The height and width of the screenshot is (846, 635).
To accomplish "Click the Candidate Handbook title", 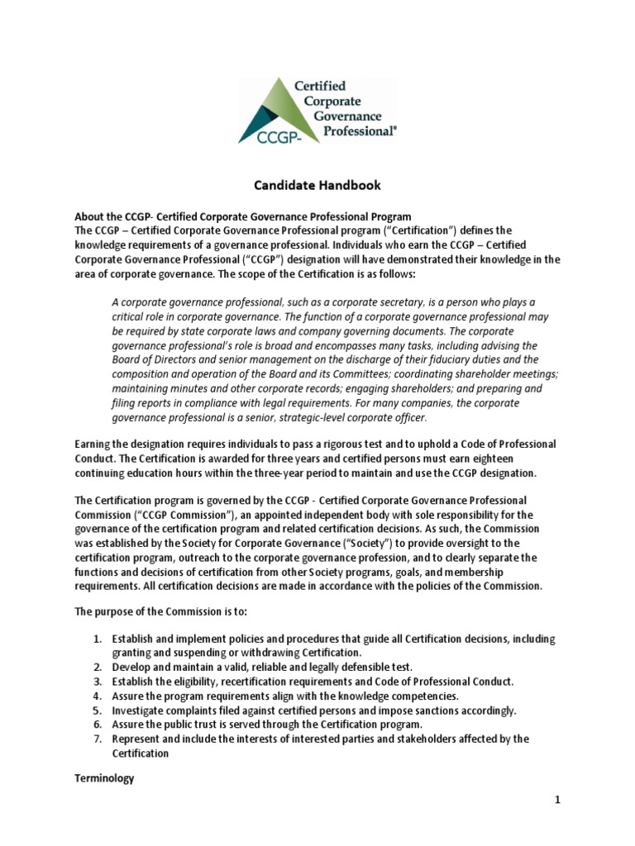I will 317,187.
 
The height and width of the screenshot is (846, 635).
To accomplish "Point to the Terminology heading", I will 104,778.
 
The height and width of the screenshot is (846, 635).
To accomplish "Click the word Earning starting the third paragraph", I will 94,444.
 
